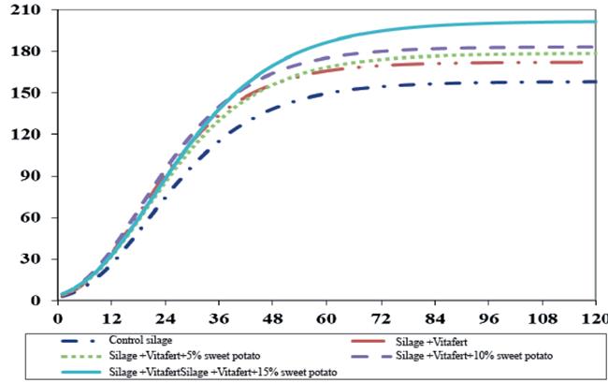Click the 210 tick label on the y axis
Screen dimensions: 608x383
25,9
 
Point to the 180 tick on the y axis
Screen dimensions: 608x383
25,52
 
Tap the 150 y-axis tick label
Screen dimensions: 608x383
25,93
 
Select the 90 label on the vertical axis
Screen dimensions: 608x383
30,176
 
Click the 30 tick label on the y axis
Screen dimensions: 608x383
30,258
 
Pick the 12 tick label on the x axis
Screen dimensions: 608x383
111,319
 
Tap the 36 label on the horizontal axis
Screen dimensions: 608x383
219,319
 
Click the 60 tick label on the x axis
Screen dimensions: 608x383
326,319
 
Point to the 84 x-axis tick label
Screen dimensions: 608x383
434,319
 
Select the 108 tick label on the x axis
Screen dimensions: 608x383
542,319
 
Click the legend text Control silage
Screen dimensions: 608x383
140,340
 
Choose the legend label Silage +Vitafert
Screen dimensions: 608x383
431,342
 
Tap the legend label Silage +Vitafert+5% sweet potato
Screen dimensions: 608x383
184,356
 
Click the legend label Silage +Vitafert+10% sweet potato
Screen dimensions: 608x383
474,356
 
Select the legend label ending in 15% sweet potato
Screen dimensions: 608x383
223,372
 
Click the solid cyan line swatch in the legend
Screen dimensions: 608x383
80,372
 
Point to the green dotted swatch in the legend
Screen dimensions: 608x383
80,356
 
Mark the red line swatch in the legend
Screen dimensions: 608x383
369,341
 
